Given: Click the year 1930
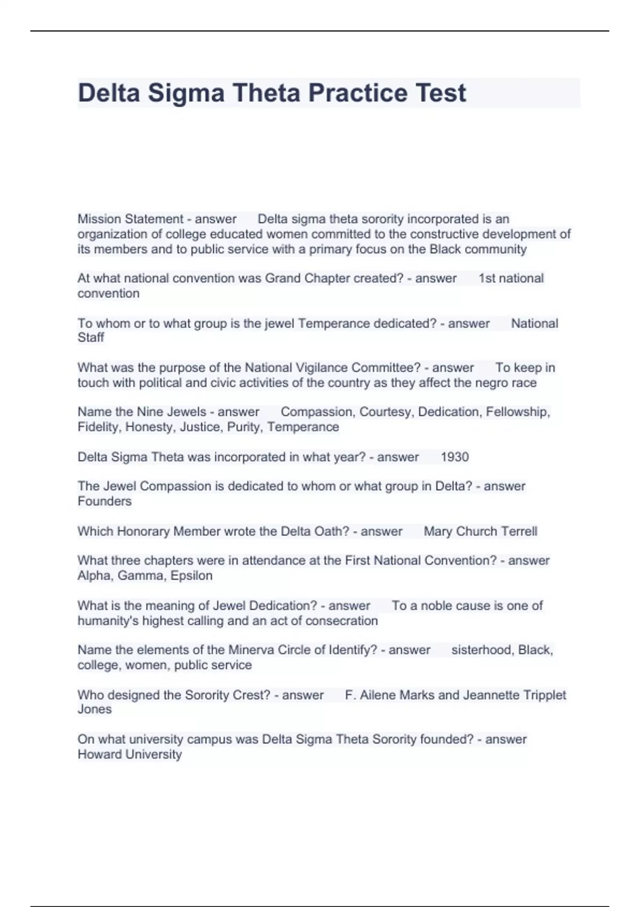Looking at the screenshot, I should point(454,457).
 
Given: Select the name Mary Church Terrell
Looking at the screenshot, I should point(480,531).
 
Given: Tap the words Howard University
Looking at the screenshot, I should point(130,754).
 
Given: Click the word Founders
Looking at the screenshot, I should point(105,502).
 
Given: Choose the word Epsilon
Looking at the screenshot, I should point(191,576).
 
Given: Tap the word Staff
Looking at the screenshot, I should point(91,338).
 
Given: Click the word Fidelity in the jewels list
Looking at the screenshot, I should point(99,427).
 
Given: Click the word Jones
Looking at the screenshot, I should point(94,710).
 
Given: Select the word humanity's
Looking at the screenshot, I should point(108,621).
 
